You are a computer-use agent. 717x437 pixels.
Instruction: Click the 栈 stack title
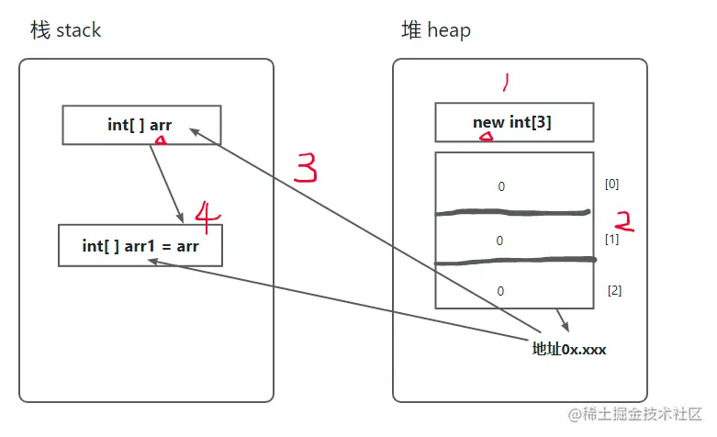click(x=65, y=30)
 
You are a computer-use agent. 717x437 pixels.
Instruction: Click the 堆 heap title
click(x=436, y=30)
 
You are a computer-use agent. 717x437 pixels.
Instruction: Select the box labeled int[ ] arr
click(x=140, y=125)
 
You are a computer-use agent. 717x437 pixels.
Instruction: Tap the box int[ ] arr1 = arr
click(x=140, y=246)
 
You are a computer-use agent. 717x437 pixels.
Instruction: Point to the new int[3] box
click(x=513, y=122)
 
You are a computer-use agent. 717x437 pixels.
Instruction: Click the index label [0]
click(x=612, y=184)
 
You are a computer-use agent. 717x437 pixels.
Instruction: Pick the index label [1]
click(x=613, y=239)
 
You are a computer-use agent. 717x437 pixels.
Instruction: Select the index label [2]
click(x=614, y=290)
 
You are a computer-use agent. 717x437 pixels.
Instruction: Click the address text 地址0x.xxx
click(x=569, y=350)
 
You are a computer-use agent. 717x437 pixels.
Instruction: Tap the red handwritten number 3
click(x=307, y=167)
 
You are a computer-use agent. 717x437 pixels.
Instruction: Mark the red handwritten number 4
click(x=208, y=217)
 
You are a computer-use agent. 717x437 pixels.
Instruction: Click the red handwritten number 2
click(x=624, y=220)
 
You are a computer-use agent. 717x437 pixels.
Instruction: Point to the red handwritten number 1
click(x=503, y=84)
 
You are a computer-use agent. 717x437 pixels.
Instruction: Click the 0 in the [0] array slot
click(x=501, y=186)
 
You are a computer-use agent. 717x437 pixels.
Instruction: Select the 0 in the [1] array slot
click(x=500, y=241)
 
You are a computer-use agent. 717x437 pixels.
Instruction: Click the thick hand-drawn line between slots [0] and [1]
click(x=512, y=213)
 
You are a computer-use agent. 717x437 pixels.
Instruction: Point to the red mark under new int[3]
click(x=487, y=138)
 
